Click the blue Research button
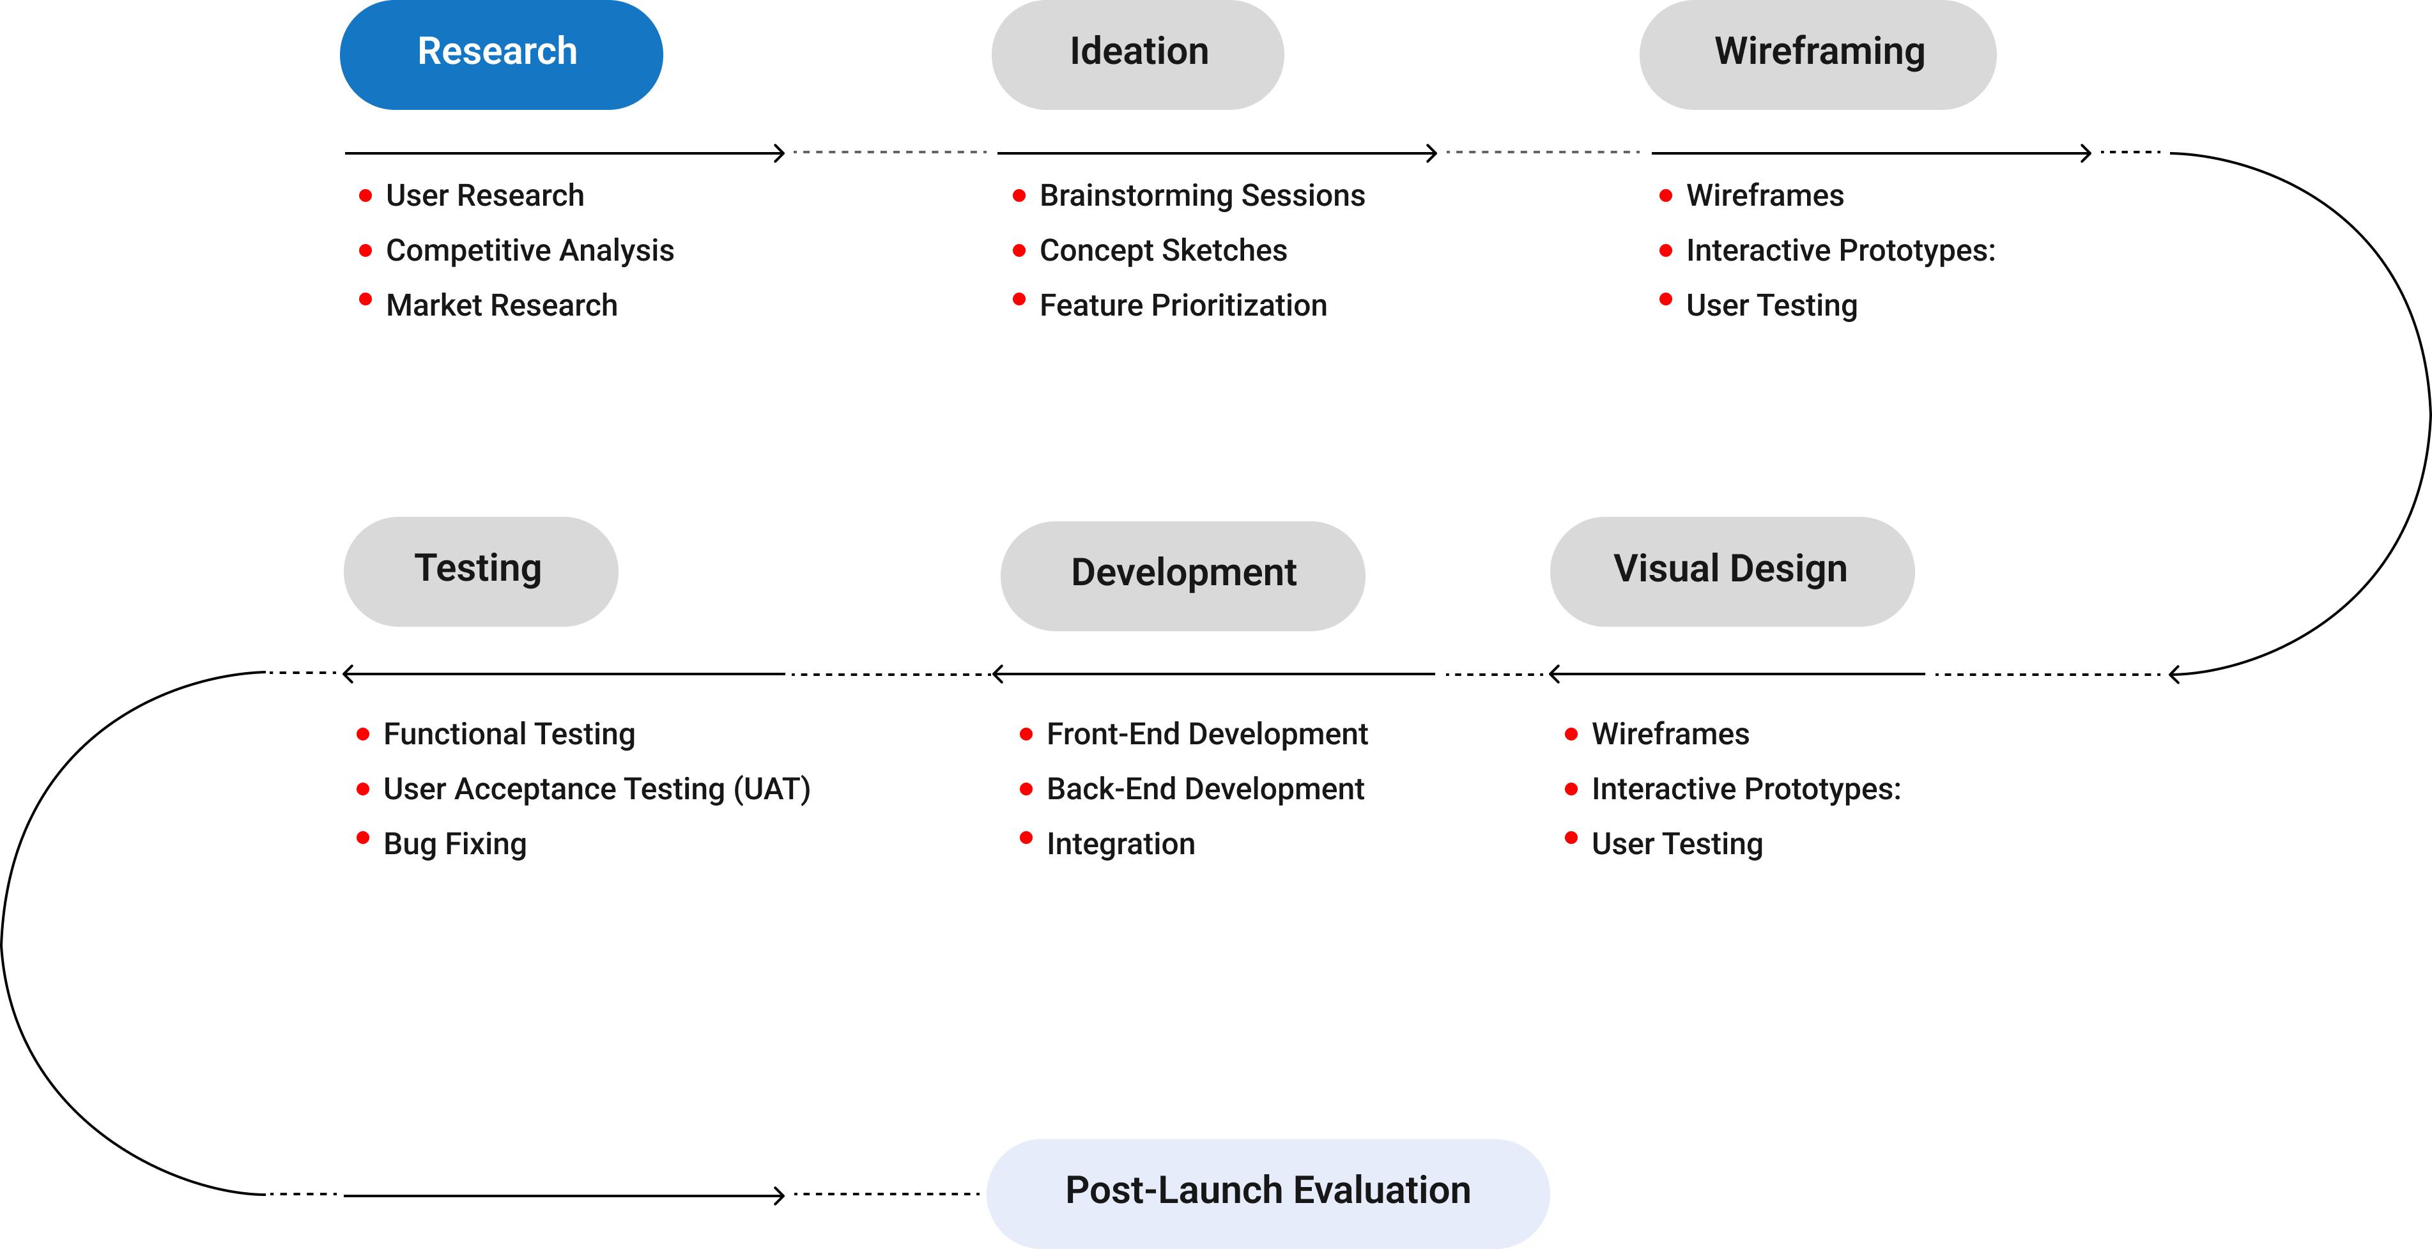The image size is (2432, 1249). tap(500, 54)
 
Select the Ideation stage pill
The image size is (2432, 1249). tap(1137, 54)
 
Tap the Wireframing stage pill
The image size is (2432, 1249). tap(1817, 54)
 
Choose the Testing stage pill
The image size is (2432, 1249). tap(481, 571)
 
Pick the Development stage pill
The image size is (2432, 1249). tap(1182, 575)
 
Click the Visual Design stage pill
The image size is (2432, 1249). tap(1732, 571)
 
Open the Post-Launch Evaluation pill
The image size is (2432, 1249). tap(1267, 1192)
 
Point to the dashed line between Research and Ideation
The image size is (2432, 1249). tap(889, 151)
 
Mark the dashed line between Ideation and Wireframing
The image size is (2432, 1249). tap(1543, 151)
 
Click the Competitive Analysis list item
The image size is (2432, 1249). tap(530, 250)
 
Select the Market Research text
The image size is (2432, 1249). tap(502, 305)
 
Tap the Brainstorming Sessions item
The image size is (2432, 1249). tap(1202, 195)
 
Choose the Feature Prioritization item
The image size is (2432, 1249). tap(1183, 305)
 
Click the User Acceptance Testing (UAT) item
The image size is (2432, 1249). tap(597, 788)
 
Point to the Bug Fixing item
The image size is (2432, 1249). tap(455, 843)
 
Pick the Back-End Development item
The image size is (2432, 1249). tap(1204, 788)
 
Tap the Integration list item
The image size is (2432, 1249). tap(1121, 843)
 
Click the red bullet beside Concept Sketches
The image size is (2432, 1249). tap(1019, 250)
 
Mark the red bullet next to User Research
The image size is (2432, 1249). tap(366, 195)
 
